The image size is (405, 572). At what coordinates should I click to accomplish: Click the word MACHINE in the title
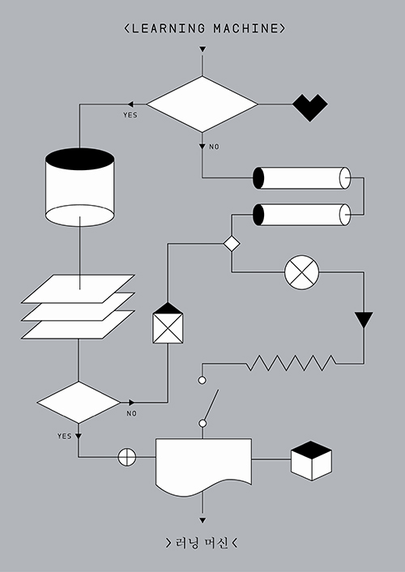coord(246,28)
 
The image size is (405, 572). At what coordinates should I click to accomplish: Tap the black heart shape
coord(310,108)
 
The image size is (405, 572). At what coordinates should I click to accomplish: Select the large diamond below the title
coord(202,105)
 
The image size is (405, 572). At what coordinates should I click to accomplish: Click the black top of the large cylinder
coord(80,159)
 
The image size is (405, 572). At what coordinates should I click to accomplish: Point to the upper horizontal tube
coord(302,178)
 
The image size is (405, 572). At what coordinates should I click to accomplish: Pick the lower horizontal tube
coord(302,215)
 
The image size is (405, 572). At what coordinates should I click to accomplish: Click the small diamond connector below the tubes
coord(232,243)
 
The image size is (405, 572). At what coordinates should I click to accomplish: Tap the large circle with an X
coord(302,272)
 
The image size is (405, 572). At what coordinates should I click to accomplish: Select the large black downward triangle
coord(364,319)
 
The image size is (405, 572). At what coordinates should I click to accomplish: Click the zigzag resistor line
coord(291,363)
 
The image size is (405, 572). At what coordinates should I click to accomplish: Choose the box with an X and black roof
coord(168,322)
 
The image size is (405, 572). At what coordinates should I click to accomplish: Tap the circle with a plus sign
coord(127,457)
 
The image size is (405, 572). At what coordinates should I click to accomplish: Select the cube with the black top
coord(311,461)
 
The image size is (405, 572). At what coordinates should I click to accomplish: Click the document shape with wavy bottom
coord(203,465)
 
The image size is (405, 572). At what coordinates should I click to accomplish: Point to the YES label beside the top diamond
coord(130,115)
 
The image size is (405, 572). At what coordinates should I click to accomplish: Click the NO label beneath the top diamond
coord(214,147)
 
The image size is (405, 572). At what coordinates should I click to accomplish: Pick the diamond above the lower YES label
coord(79,403)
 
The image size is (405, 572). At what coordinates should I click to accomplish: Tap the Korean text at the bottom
coord(202,543)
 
